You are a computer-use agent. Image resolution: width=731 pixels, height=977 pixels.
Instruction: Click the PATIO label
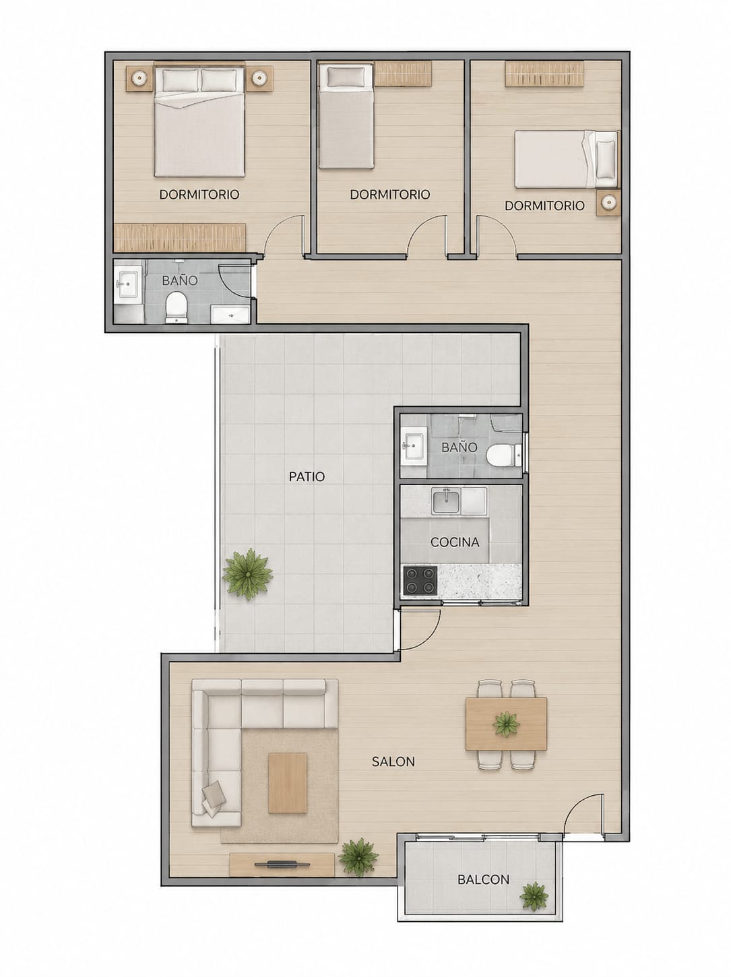point(307,476)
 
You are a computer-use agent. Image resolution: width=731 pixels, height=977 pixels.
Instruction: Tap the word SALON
point(393,761)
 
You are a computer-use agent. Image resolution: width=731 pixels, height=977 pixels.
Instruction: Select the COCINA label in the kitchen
point(455,542)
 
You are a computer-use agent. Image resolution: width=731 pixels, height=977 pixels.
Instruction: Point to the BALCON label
point(483,879)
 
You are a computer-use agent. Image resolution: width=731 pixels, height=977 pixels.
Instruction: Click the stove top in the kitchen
point(420,580)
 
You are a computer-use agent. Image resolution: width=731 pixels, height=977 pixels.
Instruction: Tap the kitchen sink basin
point(446,501)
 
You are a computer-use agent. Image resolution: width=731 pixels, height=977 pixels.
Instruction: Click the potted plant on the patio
point(247,574)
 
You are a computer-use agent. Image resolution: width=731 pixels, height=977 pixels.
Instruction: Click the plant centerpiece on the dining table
point(506,724)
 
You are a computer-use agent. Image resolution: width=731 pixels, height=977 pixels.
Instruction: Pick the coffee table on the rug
point(288,783)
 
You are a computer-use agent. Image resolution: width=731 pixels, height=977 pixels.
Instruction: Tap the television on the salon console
point(282,864)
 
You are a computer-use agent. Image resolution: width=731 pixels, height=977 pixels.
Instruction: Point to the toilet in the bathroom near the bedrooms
point(177,307)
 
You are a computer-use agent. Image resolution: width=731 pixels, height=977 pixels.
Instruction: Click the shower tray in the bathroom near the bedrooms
point(230,314)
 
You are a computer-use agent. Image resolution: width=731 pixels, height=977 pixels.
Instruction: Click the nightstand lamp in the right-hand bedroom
point(608,203)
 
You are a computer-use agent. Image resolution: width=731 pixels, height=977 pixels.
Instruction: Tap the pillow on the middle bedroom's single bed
point(346,76)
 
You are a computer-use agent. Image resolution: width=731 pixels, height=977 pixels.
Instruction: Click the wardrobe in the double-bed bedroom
point(180,238)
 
